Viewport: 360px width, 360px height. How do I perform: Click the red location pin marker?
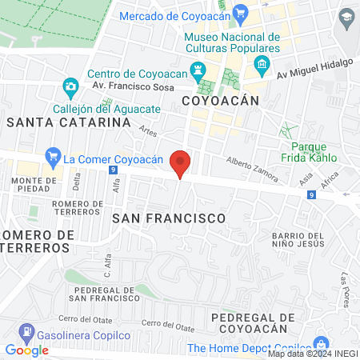click(181, 162)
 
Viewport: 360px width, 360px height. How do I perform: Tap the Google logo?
click(26, 350)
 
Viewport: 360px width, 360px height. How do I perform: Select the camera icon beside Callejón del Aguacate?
click(70, 86)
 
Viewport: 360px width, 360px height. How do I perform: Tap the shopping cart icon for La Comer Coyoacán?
click(53, 155)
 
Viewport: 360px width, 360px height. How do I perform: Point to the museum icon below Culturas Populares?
click(259, 64)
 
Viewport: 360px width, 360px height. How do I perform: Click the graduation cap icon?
click(346, 18)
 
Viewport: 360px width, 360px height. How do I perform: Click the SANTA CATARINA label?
click(68, 122)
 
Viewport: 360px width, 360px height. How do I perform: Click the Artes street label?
click(146, 131)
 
